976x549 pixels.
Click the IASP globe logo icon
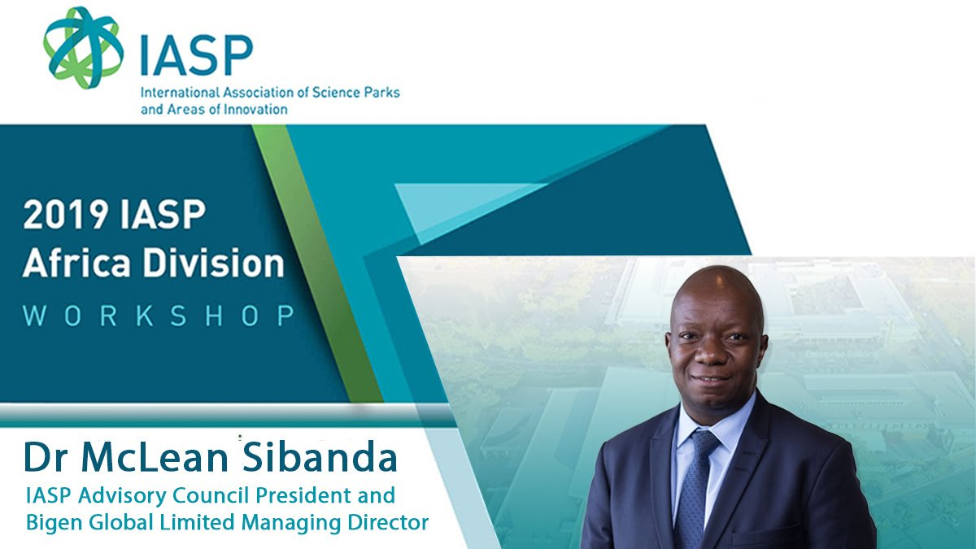(83, 47)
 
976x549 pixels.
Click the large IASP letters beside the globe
(197, 55)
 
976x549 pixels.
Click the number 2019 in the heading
(66, 215)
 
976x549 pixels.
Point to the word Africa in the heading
(76, 263)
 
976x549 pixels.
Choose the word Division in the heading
(214, 263)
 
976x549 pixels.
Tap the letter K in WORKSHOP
(145, 316)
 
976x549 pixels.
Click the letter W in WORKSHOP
(33, 316)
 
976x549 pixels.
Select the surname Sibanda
(320, 456)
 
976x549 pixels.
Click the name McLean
(155, 457)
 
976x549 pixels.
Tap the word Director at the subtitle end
(388, 522)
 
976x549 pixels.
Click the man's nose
(708, 355)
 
